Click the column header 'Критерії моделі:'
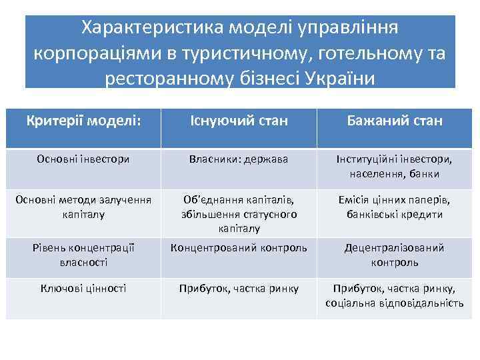(84, 121)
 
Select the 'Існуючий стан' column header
(239, 121)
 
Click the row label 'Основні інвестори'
(84, 159)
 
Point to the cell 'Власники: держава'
(239, 159)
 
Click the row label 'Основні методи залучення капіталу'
(84, 207)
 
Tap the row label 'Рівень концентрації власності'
(84, 255)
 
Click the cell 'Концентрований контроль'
(239, 248)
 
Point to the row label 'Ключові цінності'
(84, 288)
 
